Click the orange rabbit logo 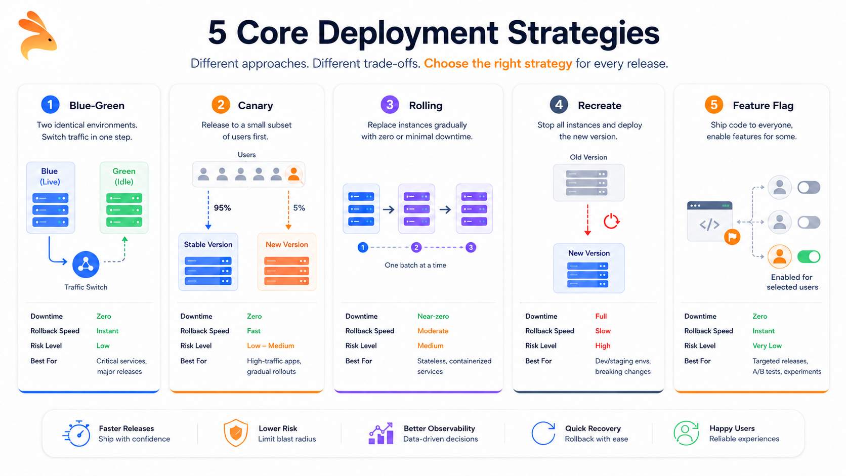pos(37,35)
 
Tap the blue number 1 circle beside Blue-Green pos(50,105)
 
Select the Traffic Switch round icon pos(86,264)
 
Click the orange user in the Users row pos(293,175)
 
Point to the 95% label pos(222,208)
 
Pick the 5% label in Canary pos(299,208)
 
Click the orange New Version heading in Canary pos(287,245)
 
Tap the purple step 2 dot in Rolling pos(416,247)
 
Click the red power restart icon pos(611,221)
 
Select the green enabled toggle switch pos(809,256)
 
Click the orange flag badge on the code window pos(732,237)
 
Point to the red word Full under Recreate pos(601,316)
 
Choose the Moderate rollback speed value pos(433,331)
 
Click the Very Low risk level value pos(767,346)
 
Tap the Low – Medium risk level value pos(270,346)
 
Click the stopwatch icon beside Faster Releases pos(77,434)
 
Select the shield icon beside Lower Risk pos(236,433)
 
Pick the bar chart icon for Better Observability pos(380,434)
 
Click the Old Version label pos(588,157)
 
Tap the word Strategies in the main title pos(583,33)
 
